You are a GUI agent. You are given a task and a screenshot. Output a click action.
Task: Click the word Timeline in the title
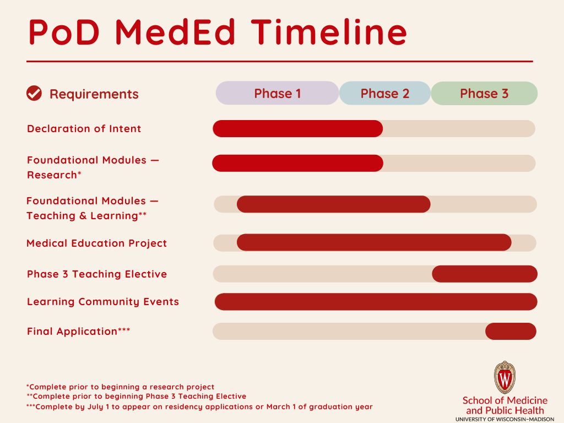pyautogui.click(x=329, y=32)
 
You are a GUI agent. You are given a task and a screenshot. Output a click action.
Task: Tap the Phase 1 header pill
pyautogui.click(x=278, y=93)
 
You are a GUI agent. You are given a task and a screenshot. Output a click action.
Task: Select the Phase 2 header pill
pyautogui.click(x=385, y=93)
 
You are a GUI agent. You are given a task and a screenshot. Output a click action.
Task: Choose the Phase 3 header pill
pyautogui.click(x=484, y=93)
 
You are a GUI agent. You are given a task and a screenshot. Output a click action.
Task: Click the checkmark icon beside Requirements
pyautogui.click(x=34, y=93)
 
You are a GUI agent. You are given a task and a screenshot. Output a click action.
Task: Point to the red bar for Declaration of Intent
pyautogui.click(x=298, y=128)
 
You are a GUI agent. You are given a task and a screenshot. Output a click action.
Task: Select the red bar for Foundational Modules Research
pyautogui.click(x=298, y=163)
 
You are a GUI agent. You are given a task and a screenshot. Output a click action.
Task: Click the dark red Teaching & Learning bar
pyautogui.click(x=333, y=204)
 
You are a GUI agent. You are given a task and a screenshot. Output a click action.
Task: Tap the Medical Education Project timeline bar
pyautogui.click(x=374, y=242)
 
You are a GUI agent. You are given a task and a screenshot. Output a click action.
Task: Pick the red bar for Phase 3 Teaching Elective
pyautogui.click(x=485, y=274)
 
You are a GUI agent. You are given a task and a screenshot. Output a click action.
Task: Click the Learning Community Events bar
pyautogui.click(x=376, y=301)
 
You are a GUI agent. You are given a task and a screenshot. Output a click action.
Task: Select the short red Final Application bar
pyautogui.click(x=511, y=331)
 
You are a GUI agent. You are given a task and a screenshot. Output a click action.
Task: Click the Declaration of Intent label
pyautogui.click(x=84, y=128)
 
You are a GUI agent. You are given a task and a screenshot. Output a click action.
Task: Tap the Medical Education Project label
pyautogui.click(x=97, y=243)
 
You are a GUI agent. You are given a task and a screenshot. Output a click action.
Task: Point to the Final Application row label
pyautogui.click(x=78, y=331)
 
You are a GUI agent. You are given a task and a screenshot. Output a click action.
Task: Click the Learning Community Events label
pyautogui.click(x=103, y=301)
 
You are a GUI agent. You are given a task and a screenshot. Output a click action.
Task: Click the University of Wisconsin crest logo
pyautogui.click(x=505, y=377)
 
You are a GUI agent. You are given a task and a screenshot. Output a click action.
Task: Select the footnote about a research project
pyautogui.click(x=120, y=387)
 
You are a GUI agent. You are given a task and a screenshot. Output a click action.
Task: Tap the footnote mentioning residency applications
pyautogui.click(x=199, y=407)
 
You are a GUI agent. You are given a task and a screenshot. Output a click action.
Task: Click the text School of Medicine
pyautogui.click(x=505, y=400)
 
